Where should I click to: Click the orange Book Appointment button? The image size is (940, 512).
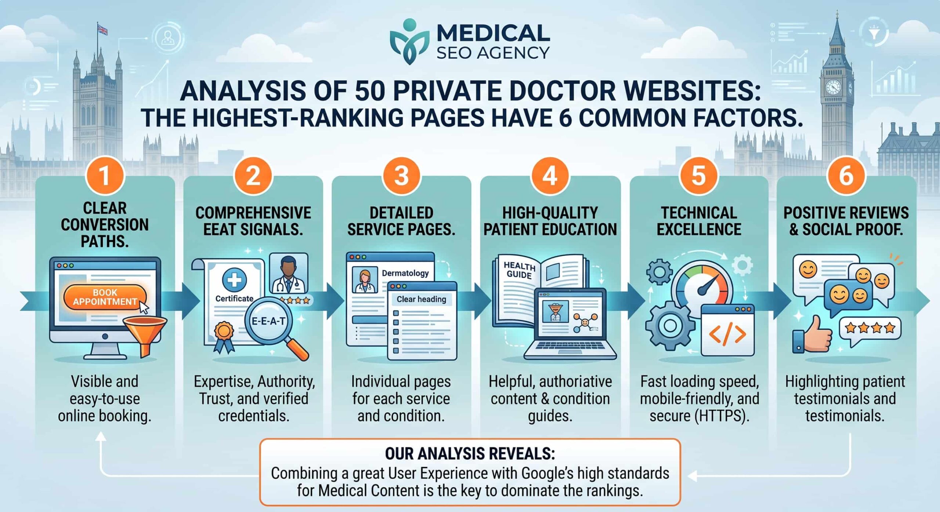(105, 297)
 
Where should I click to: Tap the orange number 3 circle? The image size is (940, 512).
(401, 176)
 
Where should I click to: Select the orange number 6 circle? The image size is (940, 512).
(846, 176)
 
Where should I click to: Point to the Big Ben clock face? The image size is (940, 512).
(833, 87)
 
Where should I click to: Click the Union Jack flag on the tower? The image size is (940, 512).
(102, 29)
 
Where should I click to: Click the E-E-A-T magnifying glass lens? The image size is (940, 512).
(268, 321)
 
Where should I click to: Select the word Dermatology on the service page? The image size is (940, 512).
(405, 273)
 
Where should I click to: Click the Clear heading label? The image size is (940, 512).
(421, 299)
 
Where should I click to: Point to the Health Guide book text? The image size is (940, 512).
(519, 270)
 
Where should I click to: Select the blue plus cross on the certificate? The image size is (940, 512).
(234, 280)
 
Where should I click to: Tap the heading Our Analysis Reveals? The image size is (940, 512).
(470, 454)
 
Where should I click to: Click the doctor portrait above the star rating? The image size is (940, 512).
(289, 273)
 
